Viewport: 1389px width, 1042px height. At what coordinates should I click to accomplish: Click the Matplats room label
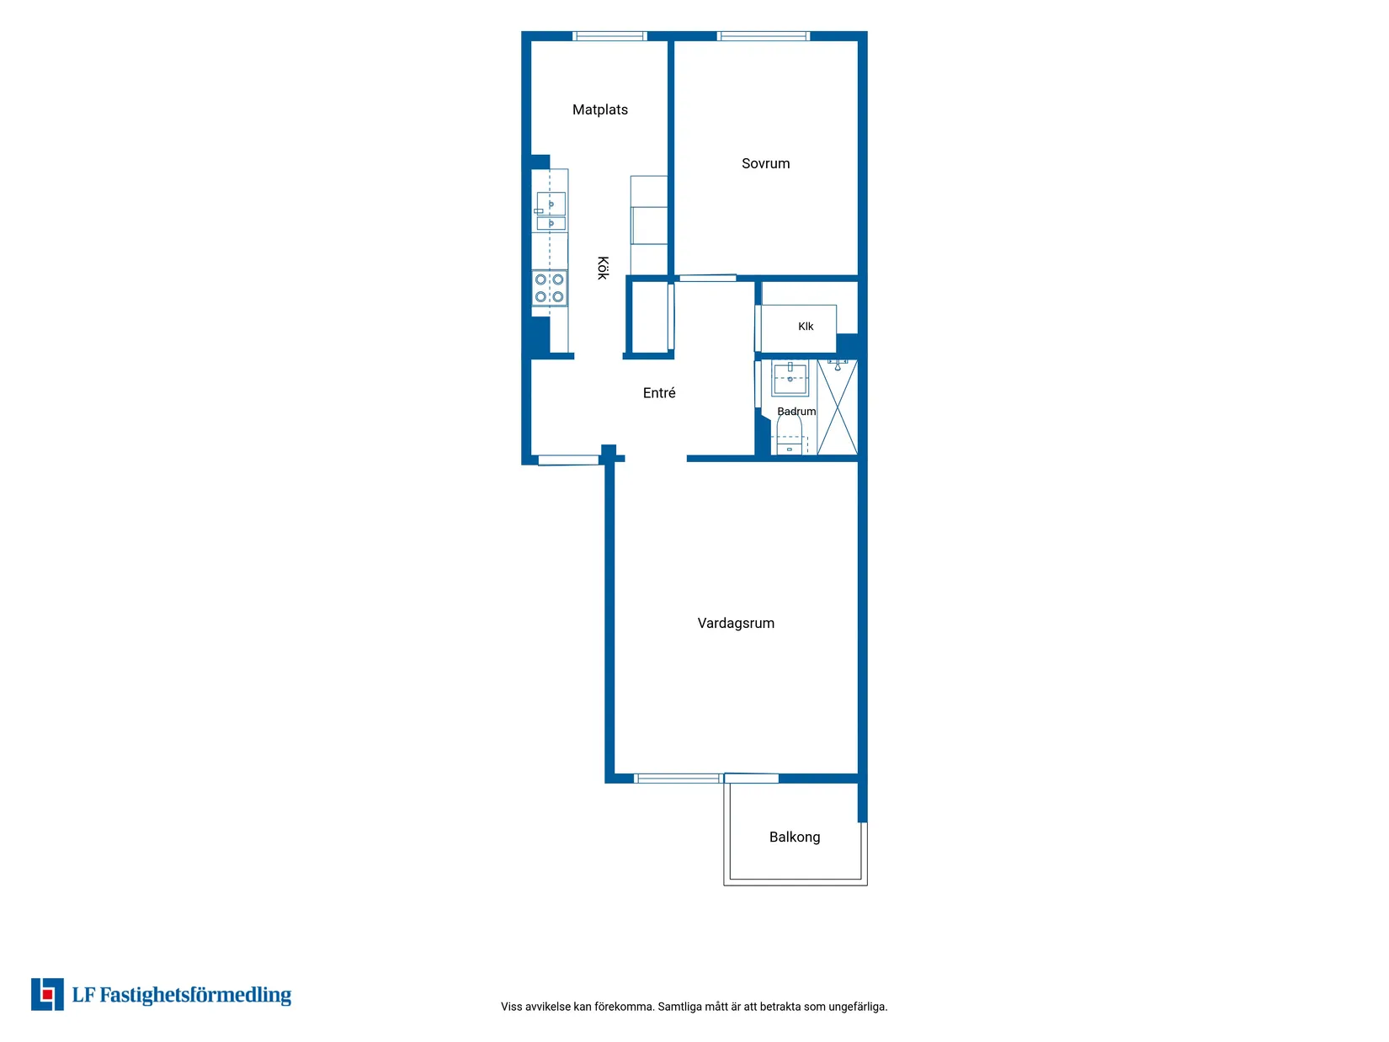[x=599, y=110]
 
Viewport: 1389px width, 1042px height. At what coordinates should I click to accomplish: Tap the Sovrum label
[x=765, y=163]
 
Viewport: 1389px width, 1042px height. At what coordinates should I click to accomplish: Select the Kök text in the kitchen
[x=603, y=268]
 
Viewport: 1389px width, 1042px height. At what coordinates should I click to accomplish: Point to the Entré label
[x=659, y=393]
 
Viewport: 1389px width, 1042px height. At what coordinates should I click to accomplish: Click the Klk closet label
[x=805, y=327]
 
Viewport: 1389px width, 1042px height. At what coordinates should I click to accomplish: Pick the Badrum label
[x=796, y=412]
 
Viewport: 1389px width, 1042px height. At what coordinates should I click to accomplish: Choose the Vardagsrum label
[x=735, y=623]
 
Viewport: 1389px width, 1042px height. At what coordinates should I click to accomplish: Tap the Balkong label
[x=794, y=837]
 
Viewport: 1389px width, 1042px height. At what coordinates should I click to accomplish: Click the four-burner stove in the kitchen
[x=549, y=288]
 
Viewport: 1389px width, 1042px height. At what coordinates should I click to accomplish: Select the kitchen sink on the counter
[x=551, y=210]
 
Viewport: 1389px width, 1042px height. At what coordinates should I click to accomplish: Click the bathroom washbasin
[x=790, y=378]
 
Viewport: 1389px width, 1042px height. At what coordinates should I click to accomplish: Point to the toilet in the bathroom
[x=789, y=435]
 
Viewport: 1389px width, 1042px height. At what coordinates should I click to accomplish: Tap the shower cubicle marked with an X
[x=837, y=407]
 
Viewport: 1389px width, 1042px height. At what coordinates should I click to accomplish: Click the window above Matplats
[x=609, y=36]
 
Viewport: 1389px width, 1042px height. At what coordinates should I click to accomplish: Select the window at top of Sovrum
[x=764, y=36]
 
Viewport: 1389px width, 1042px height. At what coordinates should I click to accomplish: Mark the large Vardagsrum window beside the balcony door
[x=679, y=779]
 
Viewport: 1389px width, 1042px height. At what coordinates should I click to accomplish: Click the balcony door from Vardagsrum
[x=751, y=779]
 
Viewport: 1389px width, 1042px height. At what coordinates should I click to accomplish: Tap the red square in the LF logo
[x=47, y=995]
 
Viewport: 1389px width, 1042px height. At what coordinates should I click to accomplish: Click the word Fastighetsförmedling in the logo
[x=195, y=995]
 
